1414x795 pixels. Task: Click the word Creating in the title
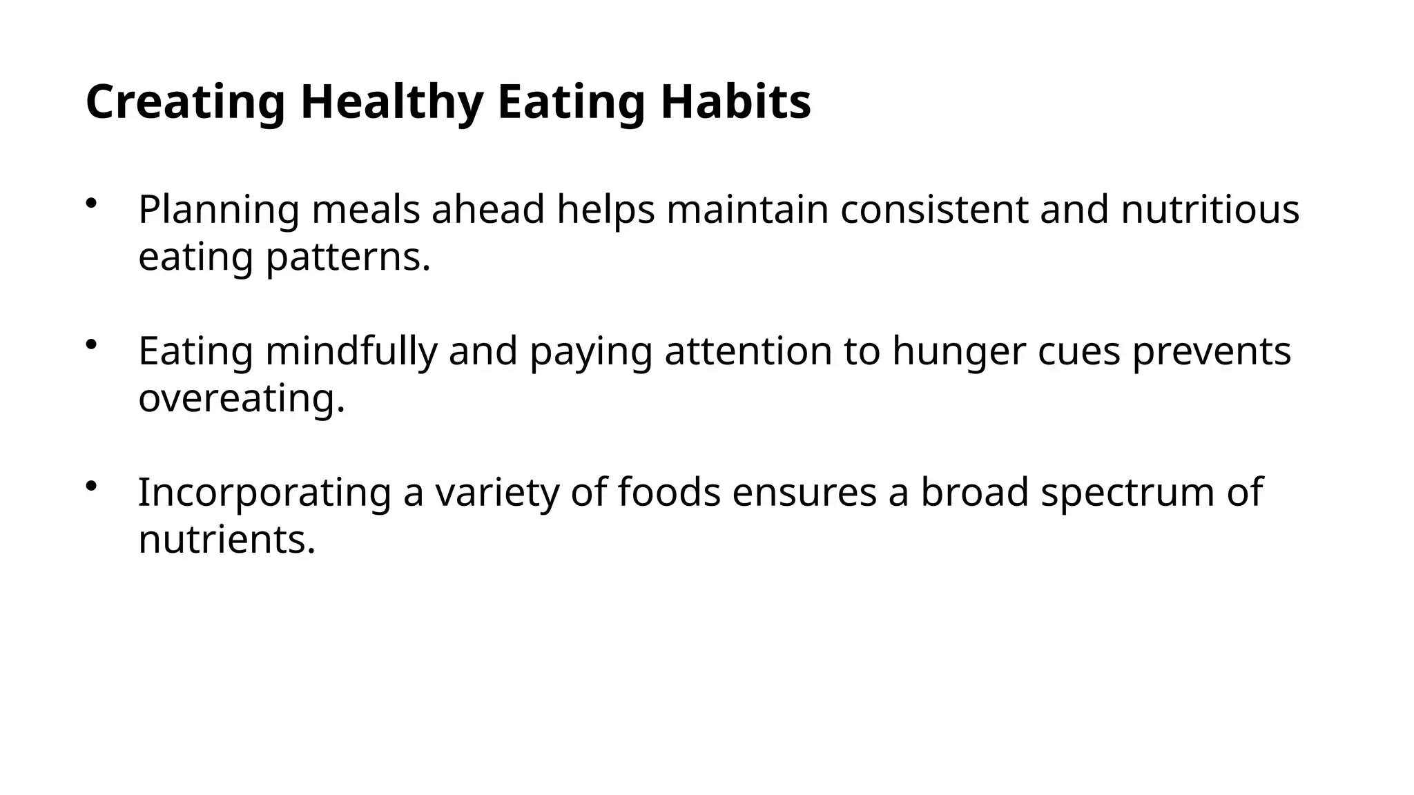tap(185, 102)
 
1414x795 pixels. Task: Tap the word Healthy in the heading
tap(391, 102)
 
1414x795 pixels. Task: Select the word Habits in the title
tap(735, 102)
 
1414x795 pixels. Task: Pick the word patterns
tap(349, 258)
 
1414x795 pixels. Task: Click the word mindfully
tap(351, 351)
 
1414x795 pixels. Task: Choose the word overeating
tap(242, 399)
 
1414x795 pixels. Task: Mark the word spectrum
tap(1127, 493)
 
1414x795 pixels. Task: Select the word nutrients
tap(227, 540)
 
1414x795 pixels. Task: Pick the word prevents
tap(1211, 351)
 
